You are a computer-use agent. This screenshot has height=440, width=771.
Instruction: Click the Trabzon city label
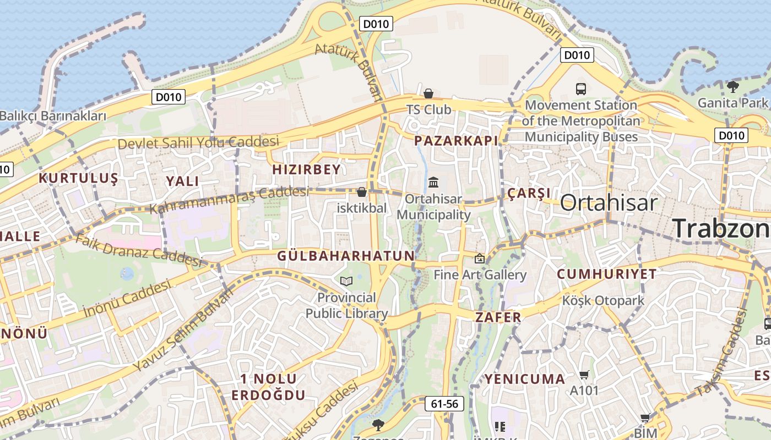click(721, 228)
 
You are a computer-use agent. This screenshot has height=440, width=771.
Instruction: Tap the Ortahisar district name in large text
click(609, 202)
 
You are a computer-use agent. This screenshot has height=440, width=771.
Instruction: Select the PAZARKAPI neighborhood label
click(456, 141)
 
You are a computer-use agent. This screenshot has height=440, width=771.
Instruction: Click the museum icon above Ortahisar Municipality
click(433, 182)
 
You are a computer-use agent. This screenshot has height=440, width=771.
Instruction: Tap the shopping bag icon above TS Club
click(428, 94)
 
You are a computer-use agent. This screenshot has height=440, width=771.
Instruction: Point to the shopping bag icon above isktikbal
click(362, 192)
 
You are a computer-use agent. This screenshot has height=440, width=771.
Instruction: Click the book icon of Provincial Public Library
click(346, 281)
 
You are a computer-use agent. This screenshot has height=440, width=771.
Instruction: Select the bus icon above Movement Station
click(580, 89)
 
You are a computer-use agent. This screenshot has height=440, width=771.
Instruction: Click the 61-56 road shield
click(444, 404)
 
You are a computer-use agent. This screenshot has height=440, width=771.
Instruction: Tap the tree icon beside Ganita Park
click(733, 86)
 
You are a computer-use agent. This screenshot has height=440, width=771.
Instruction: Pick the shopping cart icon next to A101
click(584, 375)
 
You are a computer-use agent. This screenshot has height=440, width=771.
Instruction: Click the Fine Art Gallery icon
click(480, 258)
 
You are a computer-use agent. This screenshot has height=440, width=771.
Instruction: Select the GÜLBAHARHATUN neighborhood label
click(346, 256)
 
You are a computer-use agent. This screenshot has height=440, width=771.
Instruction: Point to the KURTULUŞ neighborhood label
click(78, 178)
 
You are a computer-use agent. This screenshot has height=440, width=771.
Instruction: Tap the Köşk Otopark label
click(603, 301)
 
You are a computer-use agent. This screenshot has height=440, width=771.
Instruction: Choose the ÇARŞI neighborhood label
click(529, 193)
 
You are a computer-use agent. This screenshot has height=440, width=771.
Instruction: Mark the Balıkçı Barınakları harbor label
click(53, 117)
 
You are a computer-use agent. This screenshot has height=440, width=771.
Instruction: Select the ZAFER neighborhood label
click(498, 317)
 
